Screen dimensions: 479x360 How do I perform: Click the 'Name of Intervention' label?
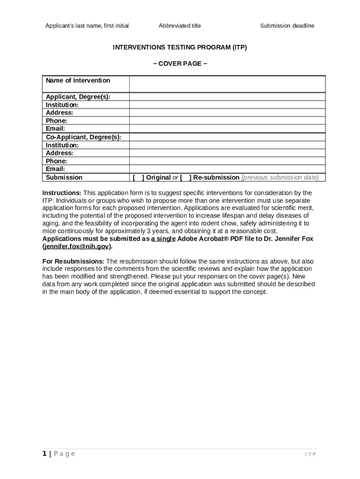click(x=78, y=80)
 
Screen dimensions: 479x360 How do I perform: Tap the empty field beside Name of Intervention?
click(x=227, y=84)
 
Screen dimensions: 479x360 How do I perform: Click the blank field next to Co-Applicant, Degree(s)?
click(x=227, y=137)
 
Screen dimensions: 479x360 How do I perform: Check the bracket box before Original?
click(x=138, y=178)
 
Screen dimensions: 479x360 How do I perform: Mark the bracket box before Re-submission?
click(x=186, y=178)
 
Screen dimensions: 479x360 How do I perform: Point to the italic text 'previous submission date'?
click(x=280, y=178)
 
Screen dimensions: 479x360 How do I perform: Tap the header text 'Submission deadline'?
click(x=287, y=26)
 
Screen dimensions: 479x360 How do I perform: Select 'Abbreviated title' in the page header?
click(x=180, y=26)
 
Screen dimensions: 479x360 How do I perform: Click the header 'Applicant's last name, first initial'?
click(x=87, y=26)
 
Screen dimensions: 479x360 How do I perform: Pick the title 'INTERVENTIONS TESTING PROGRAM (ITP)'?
click(x=180, y=47)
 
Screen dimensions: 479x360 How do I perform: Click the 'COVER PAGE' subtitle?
click(x=180, y=64)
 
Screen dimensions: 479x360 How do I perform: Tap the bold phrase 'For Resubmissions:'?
click(x=73, y=261)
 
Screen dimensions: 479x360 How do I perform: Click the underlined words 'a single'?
click(x=163, y=239)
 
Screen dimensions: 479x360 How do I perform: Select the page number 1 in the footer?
click(x=44, y=454)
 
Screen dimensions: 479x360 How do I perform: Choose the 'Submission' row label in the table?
click(x=64, y=178)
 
